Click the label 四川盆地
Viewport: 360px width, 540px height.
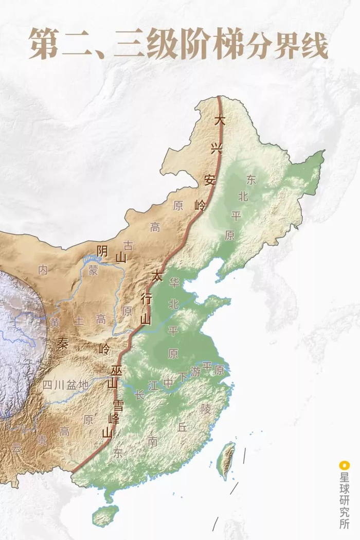[x=65, y=384]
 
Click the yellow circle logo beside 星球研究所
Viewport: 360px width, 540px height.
[x=344, y=465]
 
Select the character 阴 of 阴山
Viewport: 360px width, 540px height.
[x=103, y=250]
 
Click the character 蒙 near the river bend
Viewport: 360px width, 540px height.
[x=93, y=271]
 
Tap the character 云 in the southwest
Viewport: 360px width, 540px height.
[x=17, y=447]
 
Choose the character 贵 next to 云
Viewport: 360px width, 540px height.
[x=42, y=440]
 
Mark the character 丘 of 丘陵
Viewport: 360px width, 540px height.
[x=182, y=426]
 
